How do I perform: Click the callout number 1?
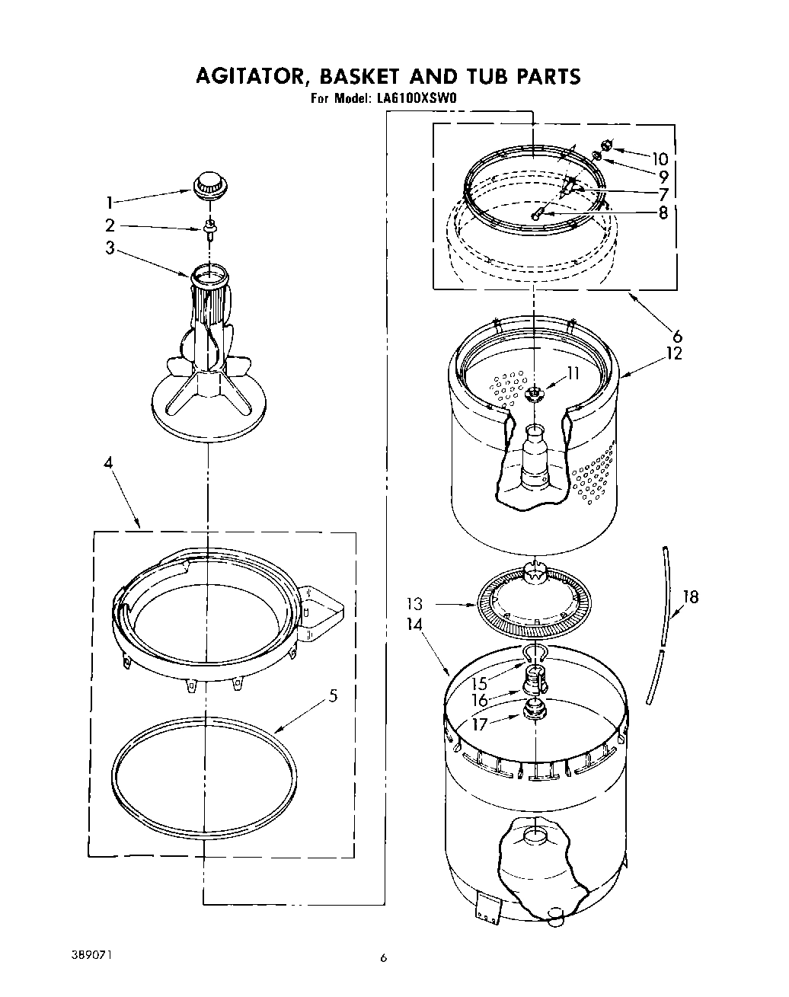coord(110,203)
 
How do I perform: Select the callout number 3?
coord(110,248)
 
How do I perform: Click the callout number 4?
coord(108,483)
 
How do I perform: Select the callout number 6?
coord(676,335)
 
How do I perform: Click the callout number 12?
coord(672,353)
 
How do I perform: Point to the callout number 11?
coord(571,373)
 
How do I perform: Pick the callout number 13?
coord(414,605)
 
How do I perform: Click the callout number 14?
coord(414,624)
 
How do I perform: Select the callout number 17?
coord(479,725)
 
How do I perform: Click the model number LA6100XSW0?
coord(415,98)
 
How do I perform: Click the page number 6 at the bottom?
coord(385,958)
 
